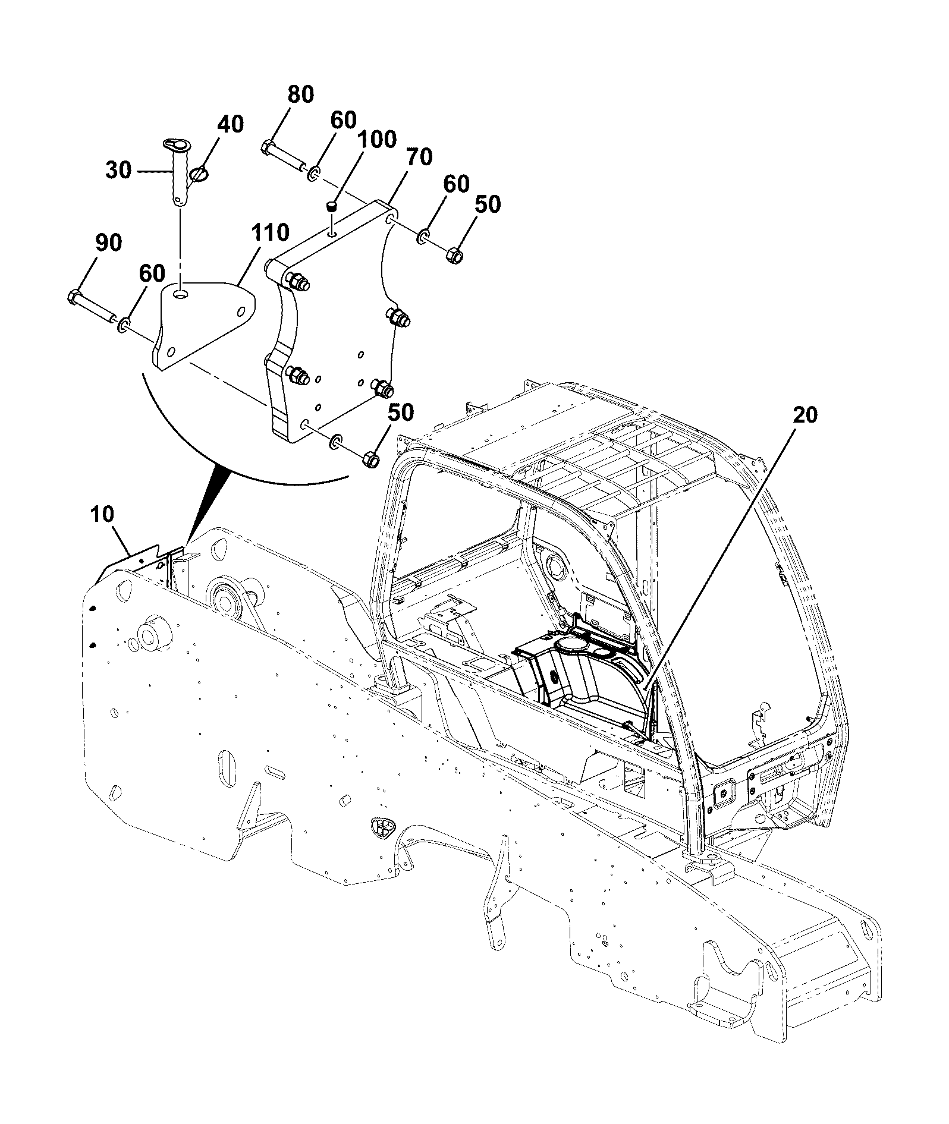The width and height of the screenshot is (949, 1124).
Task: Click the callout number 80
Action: [300, 95]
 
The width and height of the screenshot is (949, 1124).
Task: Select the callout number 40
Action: [230, 124]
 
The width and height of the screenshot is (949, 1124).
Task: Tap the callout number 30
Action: [118, 171]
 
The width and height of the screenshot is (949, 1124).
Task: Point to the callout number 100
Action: [376, 140]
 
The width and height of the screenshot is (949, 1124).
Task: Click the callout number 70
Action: [419, 158]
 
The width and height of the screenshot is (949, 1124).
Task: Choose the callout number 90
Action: [108, 243]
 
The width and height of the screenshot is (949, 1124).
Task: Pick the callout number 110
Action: [271, 232]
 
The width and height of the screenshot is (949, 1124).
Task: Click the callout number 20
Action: [805, 415]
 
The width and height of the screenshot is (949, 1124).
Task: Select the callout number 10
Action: [103, 514]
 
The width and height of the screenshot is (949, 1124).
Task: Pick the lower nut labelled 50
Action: [370, 459]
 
